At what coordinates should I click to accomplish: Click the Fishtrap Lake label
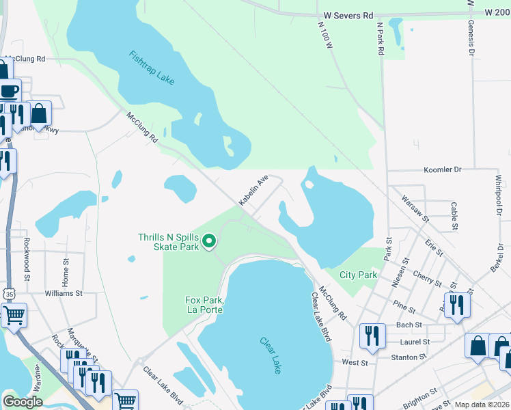(152, 67)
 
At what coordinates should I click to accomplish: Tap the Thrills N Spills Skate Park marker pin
(210, 241)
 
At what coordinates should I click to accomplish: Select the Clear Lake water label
(271, 350)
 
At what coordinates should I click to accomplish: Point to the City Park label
(359, 275)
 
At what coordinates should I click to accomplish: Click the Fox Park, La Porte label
(205, 305)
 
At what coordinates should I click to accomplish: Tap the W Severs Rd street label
(346, 14)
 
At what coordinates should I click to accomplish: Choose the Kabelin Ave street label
(252, 190)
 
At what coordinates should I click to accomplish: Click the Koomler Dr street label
(443, 169)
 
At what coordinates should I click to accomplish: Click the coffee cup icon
(10, 91)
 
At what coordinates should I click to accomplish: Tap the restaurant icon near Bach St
(456, 305)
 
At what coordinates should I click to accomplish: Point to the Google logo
(23, 402)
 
